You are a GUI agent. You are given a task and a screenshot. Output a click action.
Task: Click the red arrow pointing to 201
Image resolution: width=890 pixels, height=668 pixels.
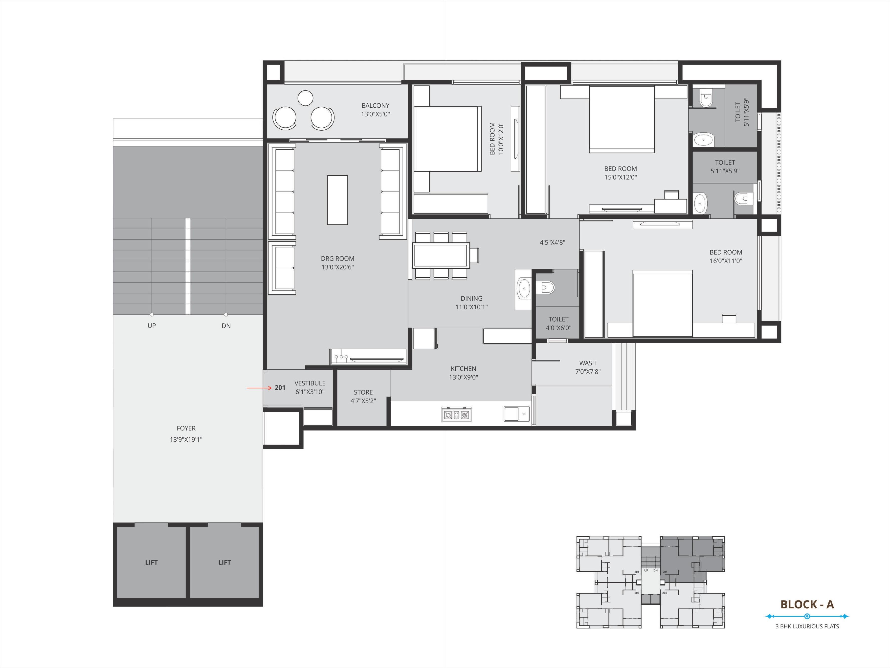pos(260,388)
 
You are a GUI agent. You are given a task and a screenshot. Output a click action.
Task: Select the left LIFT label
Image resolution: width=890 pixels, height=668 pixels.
pos(151,563)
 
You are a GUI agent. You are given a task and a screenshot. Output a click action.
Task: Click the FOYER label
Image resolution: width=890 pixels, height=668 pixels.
pos(186,428)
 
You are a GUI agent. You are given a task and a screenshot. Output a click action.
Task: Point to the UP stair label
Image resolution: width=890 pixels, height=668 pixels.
pos(152,325)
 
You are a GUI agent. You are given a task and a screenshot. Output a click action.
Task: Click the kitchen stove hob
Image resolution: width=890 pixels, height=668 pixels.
pos(456,415)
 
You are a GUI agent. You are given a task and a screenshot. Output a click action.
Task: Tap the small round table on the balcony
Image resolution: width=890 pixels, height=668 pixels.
pos(305,98)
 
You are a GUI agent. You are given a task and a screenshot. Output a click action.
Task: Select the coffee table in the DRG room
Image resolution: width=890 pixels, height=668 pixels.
pos(337,200)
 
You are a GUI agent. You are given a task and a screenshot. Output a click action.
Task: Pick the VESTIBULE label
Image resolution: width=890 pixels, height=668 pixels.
pos(310,383)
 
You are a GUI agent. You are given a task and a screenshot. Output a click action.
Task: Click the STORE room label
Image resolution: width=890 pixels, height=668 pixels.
pos(363,392)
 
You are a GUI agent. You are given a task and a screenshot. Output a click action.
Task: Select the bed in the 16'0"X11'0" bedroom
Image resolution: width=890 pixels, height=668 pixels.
pos(662,303)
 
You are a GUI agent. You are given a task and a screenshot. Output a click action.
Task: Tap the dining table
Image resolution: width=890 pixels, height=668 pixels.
pos(441,255)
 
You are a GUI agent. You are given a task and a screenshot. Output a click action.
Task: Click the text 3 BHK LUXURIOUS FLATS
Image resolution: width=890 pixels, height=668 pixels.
pos(807,626)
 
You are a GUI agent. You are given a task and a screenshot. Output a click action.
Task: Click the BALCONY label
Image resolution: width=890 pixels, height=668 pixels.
pos(375,105)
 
